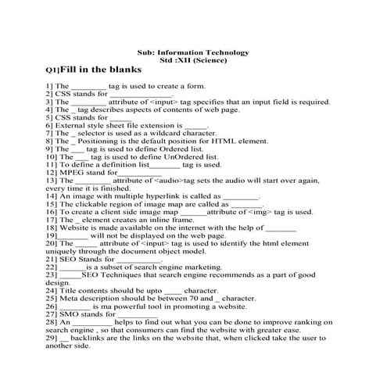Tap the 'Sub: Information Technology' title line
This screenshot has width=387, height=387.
[192, 52]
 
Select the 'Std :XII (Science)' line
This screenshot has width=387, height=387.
[192, 59]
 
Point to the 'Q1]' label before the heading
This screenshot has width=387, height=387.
[52, 70]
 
